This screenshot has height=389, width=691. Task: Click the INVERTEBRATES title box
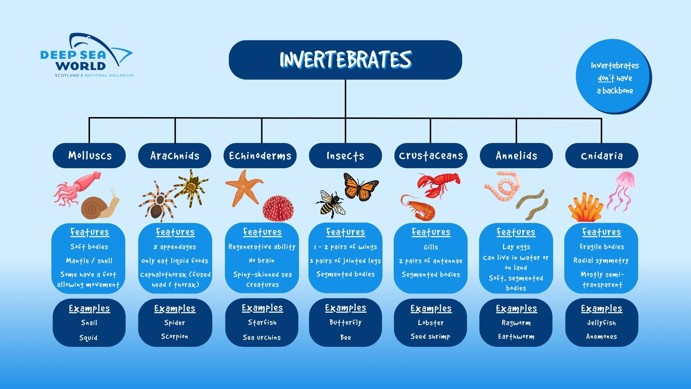(345, 60)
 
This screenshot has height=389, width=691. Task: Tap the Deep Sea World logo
(87, 55)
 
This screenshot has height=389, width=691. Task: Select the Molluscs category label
(89, 156)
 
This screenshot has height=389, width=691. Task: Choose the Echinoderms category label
(260, 156)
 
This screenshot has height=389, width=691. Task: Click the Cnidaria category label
(602, 156)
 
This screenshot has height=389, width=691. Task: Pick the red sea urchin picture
(278, 208)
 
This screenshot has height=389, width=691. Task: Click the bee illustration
(330, 204)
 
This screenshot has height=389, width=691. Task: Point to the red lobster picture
(438, 185)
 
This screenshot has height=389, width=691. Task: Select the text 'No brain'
(262, 260)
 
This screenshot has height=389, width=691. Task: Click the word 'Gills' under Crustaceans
(431, 247)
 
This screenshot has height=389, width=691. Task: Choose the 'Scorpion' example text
(175, 336)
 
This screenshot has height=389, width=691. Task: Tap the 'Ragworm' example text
(516, 323)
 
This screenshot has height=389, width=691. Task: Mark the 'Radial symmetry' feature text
(601, 260)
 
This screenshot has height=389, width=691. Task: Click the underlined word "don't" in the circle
(606, 78)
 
